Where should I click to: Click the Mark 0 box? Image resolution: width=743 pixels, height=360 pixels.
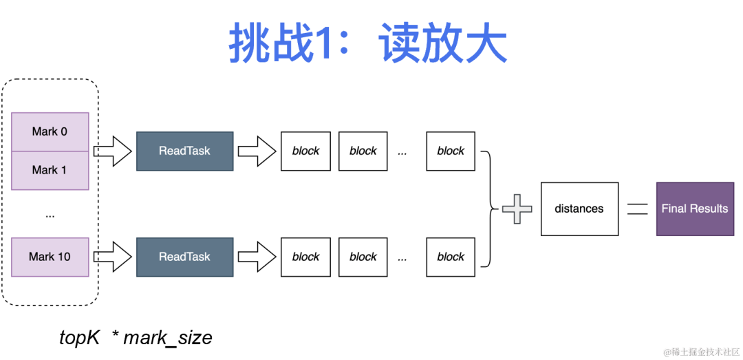coord(50,131)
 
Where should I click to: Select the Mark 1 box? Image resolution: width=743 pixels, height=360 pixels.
coord(50,170)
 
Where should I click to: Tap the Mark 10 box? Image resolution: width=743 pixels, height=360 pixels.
coord(50,257)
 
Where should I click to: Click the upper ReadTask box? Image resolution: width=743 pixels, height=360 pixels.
coord(184,151)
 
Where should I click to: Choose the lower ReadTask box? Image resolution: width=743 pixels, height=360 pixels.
coord(184,257)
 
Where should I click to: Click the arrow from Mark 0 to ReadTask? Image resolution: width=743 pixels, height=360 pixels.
coord(112,151)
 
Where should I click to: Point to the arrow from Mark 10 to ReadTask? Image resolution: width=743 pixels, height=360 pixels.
coord(112,257)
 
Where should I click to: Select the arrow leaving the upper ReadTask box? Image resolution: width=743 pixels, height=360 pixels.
coord(257,151)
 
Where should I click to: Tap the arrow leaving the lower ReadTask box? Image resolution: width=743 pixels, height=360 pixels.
coord(257,257)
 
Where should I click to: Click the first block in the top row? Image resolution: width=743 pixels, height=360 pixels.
coord(305,151)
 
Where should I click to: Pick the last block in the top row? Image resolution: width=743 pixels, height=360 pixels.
coord(451,151)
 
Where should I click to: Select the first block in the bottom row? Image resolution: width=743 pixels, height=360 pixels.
coord(305,257)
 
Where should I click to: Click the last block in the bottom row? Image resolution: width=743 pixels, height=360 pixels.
coord(451,257)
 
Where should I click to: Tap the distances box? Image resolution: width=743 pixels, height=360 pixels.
coord(579,209)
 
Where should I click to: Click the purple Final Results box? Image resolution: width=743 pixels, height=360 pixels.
coord(694,209)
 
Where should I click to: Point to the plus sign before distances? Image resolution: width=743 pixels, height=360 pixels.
coord(517,209)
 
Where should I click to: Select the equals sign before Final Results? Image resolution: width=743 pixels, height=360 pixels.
coord(638,209)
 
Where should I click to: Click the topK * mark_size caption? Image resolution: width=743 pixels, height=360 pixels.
coord(136,338)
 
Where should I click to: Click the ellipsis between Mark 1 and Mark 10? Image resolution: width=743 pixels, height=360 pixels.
coord(50,215)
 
